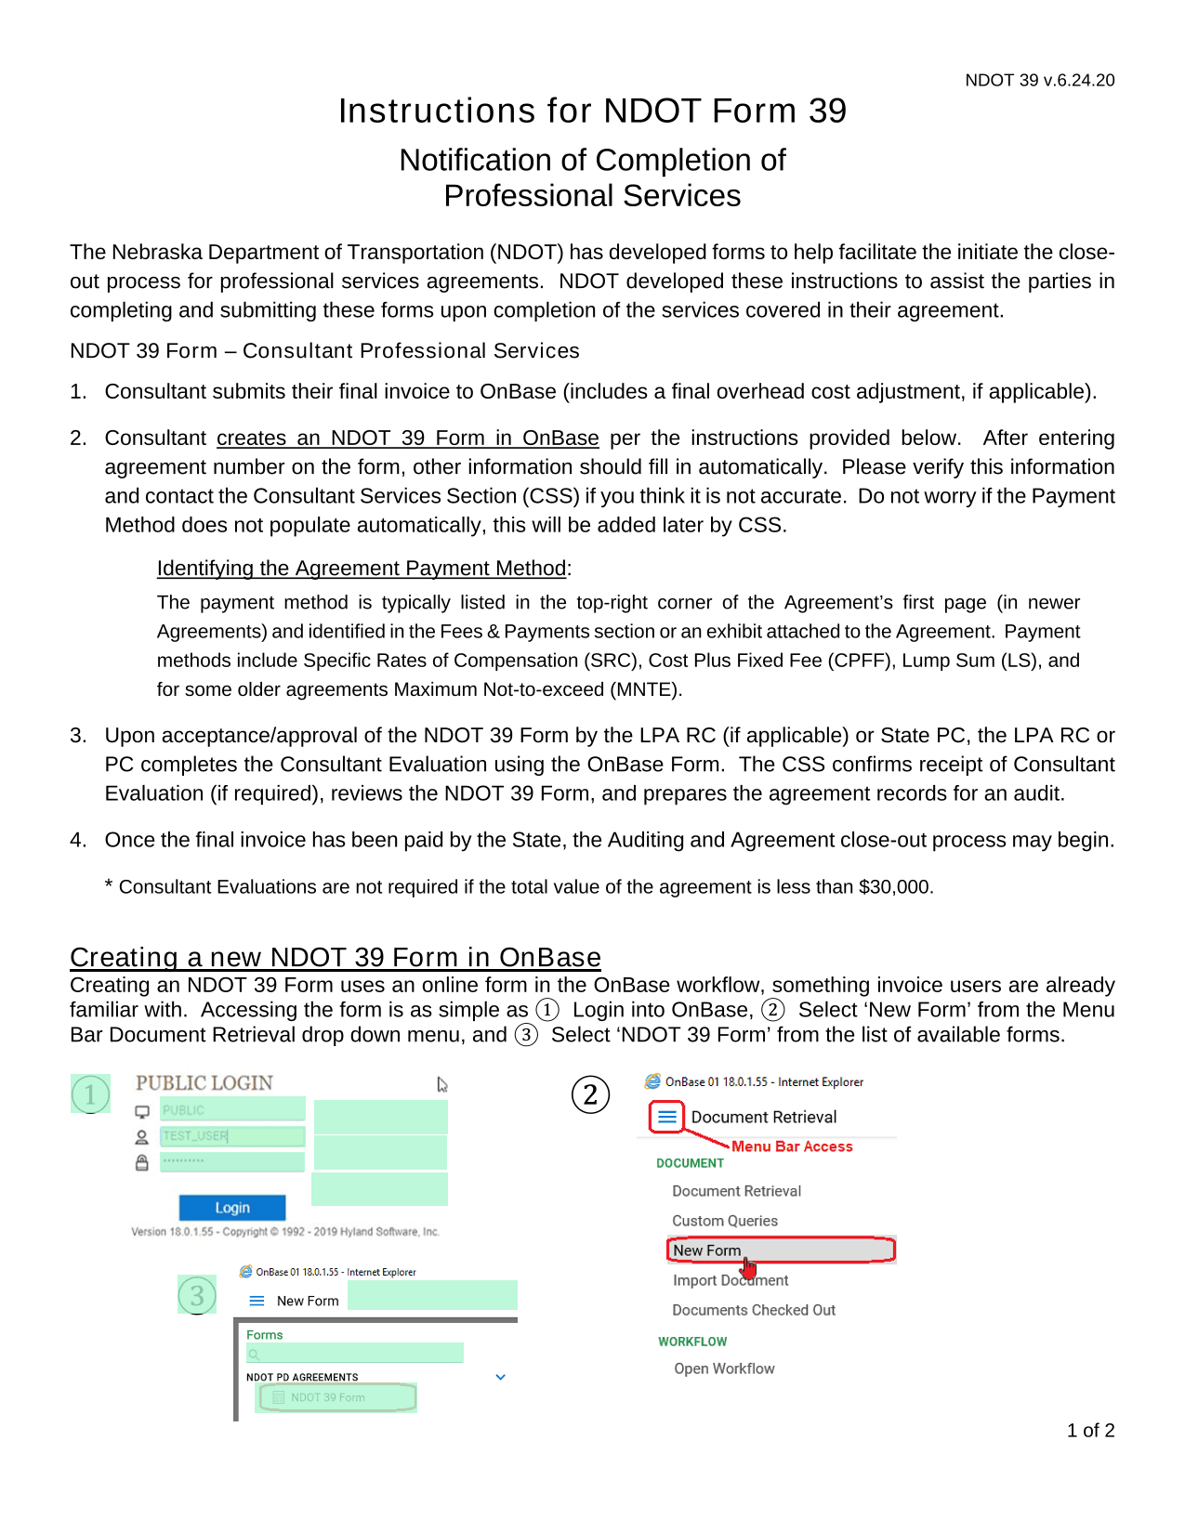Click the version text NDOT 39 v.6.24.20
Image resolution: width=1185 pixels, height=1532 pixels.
(x=1039, y=81)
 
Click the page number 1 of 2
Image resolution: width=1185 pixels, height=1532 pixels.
(x=1090, y=1431)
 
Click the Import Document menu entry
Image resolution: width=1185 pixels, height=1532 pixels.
(x=730, y=1280)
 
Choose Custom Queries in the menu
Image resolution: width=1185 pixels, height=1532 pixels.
(x=725, y=1221)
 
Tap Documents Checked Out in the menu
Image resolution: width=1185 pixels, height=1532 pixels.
(x=754, y=1310)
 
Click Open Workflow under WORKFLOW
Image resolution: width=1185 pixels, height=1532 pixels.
(x=724, y=1368)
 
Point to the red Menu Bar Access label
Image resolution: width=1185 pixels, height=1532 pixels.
(x=792, y=1146)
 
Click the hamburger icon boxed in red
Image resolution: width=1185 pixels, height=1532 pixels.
(x=667, y=1117)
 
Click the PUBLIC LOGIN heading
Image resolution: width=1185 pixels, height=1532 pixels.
(x=204, y=1083)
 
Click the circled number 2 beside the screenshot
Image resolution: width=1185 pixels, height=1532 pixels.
(x=590, y=1094)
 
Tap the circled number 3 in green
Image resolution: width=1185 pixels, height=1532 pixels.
(x=197, y=1296)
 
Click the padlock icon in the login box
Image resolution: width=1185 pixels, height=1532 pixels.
(x=142, y=1162)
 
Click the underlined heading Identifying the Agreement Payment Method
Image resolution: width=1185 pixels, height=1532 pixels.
(x=362, y=569)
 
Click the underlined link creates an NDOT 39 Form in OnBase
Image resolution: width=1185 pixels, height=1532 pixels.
(x=407, y=439)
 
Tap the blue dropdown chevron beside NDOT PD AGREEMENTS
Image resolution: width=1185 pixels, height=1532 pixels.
(x=500, y=1377)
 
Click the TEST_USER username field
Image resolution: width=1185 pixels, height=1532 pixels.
(x=232, y=1136)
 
